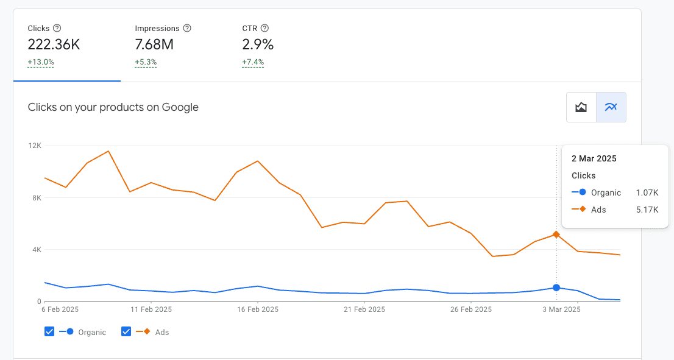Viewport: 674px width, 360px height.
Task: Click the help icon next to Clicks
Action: pos(57,29)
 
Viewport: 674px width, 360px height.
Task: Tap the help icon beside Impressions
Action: pos(187,29)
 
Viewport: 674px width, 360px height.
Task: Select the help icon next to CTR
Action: pos(264,29)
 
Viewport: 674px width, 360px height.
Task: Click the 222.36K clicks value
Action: pos(54,44)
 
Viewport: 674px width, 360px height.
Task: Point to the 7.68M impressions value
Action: pos(154,44)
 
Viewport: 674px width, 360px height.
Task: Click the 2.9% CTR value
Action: pos(258,44)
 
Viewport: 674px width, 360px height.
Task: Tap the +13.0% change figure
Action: pos(41,62)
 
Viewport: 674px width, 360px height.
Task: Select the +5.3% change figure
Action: pos(146,62)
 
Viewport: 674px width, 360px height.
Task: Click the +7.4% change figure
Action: pos(253,62)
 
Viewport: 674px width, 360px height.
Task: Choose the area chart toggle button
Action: pos(581,107)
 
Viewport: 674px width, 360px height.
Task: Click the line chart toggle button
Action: pos(611,107)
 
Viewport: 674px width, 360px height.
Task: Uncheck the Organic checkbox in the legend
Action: pos(49,331)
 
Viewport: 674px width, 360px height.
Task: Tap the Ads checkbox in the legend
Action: pos(126,331)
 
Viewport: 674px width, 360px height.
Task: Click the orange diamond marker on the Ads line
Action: pos(556,235)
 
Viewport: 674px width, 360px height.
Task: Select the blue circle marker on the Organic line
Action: pos(556,288)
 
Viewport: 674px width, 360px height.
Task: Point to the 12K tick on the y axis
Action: pos(35,146)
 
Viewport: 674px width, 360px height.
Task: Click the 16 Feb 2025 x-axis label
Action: pos(258,309)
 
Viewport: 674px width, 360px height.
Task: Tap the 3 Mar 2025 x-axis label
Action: pos(561,309)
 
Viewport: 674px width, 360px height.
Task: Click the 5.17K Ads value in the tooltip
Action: pos(647,210)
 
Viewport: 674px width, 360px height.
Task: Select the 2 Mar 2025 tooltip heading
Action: pos(594,158)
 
